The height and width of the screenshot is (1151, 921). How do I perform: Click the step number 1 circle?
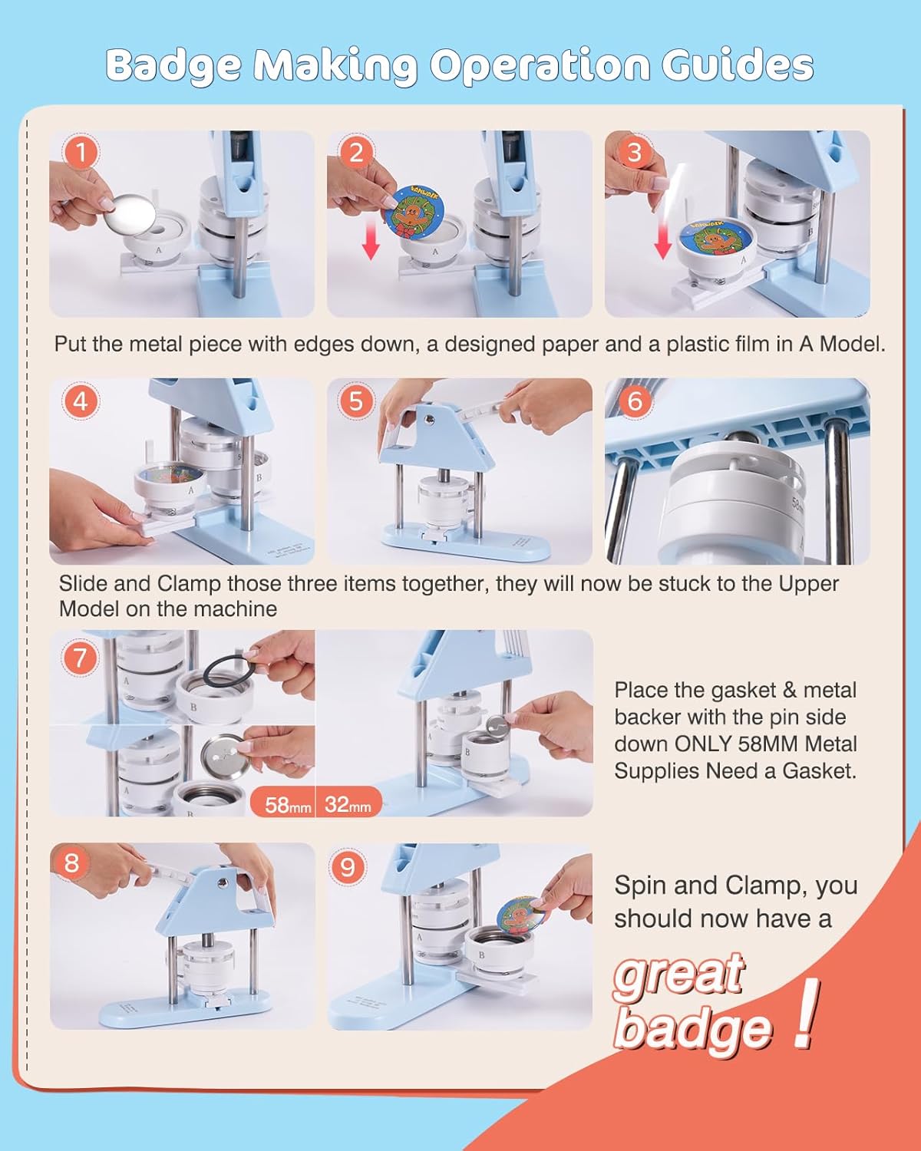(81, 152)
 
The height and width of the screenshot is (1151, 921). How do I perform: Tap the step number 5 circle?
(356, 401)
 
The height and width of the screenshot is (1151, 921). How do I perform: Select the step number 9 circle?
(348, 866)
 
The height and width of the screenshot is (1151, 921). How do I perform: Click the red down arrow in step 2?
(371, 241)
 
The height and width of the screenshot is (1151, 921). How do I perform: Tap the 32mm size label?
(348, 805)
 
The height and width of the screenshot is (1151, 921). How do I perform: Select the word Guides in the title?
(738, 64)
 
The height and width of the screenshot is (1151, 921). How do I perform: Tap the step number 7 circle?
(81, 658)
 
